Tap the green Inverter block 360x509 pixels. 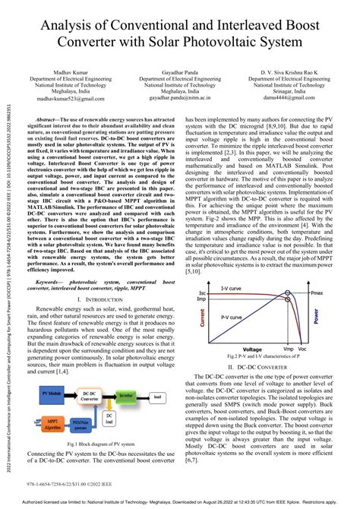(x=125, y=395)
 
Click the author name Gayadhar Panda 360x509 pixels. (x=179, y=70)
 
